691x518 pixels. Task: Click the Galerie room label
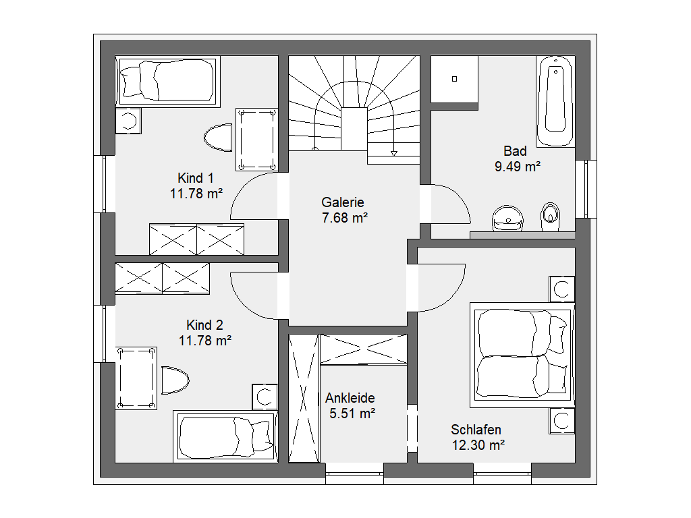point(342,202)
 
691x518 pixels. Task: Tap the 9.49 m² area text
point(518,167)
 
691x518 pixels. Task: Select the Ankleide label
point(350,398)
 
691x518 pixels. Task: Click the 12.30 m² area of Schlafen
point(478,445)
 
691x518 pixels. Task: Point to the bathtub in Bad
point(555,101)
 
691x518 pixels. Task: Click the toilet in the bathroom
point(550,217)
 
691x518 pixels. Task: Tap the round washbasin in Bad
point(507,219)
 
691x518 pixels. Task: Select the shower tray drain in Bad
point(454,80)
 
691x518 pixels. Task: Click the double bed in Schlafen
point(522,355)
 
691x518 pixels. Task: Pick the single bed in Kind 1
point(167,81)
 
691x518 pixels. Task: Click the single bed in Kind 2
point(225,436)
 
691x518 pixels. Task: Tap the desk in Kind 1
point(256,140)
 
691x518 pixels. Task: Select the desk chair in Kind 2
point(175,380)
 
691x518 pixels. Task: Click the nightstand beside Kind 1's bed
point(128,121)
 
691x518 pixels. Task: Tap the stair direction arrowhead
point(394,154)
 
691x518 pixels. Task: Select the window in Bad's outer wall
point(586,189)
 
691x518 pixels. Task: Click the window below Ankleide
point(355,474)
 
